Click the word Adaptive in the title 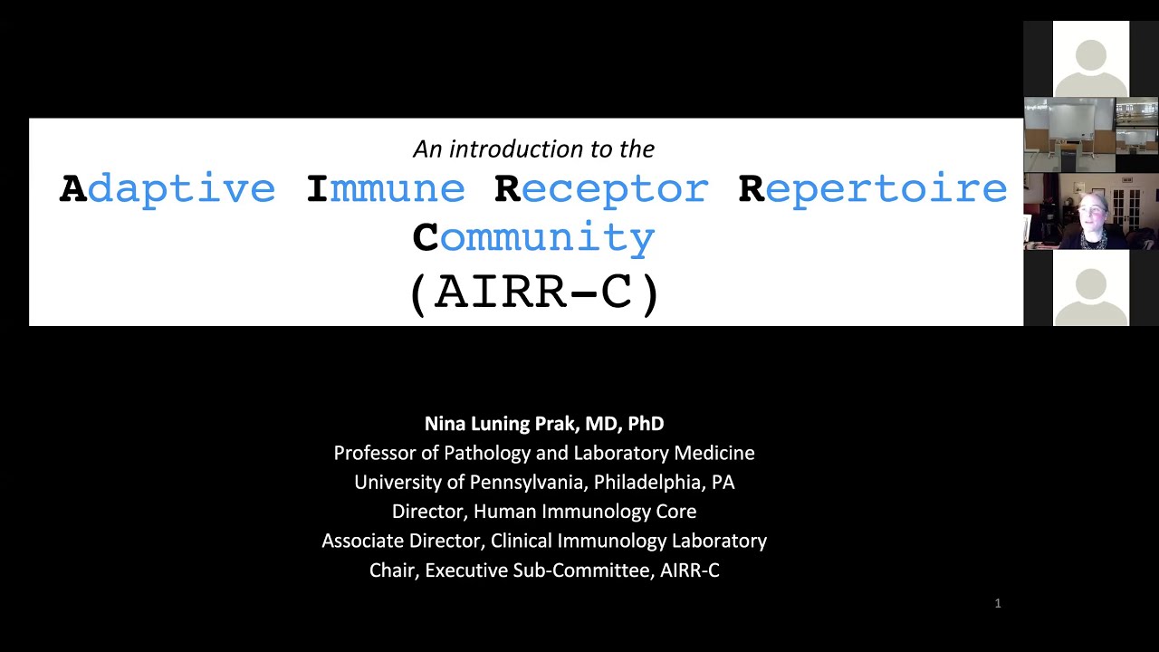pos(168,189)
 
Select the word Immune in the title pos(386,189)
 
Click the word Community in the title pos(533,237)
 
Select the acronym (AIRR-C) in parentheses pos(534,292)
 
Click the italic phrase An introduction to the pos(533,149)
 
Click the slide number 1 pos(998,603)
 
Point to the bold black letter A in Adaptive pos(73,189)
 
